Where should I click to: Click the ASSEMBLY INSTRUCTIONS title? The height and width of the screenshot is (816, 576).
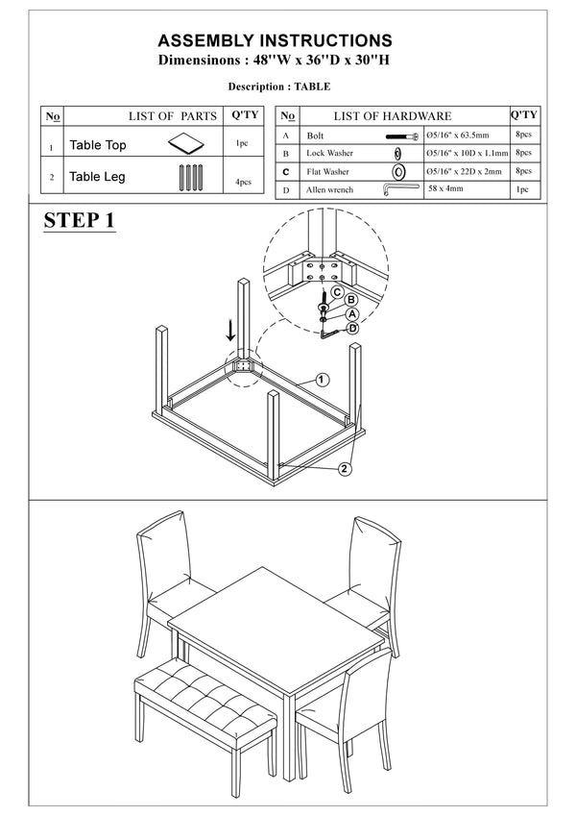[275, 40]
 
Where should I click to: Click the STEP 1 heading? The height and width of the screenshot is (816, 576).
[80, 221]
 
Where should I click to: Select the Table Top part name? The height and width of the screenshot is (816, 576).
[98, 146]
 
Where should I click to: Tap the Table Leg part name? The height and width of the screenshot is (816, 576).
[97, 177]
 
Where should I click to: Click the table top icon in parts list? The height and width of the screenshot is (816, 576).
[188, 144]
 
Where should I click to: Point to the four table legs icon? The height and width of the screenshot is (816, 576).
[188, 178]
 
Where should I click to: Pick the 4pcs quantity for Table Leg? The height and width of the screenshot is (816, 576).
[242, 181]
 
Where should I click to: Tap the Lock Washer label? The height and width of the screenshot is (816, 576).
[330, 154]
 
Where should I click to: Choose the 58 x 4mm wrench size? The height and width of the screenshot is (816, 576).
[445, 189]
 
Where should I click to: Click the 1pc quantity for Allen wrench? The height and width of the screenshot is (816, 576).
[522, 189]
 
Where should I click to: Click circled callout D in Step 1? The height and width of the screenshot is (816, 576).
[352, 328]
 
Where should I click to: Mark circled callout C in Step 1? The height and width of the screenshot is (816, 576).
[337, 291]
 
